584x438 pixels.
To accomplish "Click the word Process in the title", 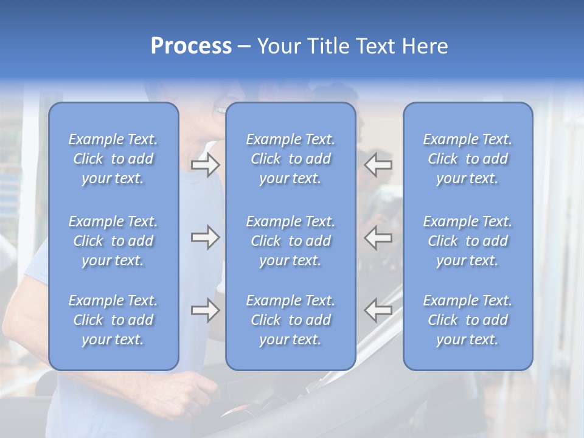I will [x=191, y=46].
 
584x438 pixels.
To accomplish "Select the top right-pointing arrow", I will [x=205, y=164].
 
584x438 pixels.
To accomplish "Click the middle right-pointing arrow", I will [x=205, y=237].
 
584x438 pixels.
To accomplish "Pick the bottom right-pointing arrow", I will [x=205, y=310].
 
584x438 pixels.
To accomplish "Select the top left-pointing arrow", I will [x=378, y=164].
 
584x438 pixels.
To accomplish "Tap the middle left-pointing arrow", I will [x=378, y=237].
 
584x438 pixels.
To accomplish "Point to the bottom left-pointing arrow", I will [x=378, y=310].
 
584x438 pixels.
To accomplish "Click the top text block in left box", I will [x=113, y=159].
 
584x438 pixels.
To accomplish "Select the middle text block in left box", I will [x=113, y=241].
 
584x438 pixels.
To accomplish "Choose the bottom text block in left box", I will [x=113, y=320].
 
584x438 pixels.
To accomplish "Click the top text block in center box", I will [x=291, y=159].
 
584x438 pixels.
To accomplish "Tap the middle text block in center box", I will [x=291, y=241].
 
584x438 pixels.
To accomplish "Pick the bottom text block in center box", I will [x=291, y=320].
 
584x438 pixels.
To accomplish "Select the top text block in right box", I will [x=468, y=159].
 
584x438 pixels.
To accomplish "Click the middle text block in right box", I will [x=468, y=241].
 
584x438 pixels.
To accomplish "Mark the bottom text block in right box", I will [x=468, y=320].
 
